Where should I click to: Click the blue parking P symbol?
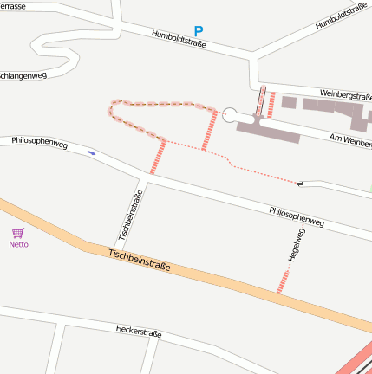point(199,31)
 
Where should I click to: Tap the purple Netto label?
point(18,244)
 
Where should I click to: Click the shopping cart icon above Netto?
point(18,233)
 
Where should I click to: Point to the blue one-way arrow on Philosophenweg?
point(93,153)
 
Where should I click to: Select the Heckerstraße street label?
point(140,332)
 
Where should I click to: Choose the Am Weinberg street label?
point(351,139)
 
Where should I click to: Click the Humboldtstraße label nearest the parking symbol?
point(179,39)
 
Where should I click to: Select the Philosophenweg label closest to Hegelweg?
point(296,216)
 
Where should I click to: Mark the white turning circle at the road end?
point(230,114)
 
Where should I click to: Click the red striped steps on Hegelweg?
point(282,281)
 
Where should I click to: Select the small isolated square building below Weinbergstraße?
point(289,103)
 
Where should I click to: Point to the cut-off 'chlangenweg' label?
point(23,75)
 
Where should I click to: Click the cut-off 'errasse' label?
point(12,6)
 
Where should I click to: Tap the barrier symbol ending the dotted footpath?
point(301,184)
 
